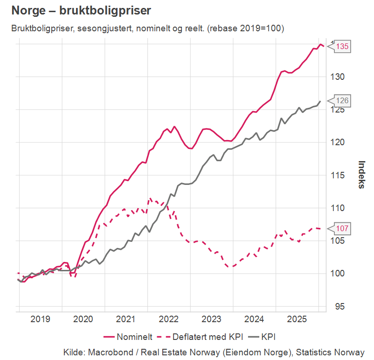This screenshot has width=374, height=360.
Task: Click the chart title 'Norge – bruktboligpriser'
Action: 81,10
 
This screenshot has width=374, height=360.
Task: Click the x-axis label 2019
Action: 40,319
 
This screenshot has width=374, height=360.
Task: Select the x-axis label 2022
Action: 168,319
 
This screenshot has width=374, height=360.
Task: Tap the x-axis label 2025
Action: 297,319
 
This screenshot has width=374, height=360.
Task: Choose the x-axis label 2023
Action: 211,319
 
